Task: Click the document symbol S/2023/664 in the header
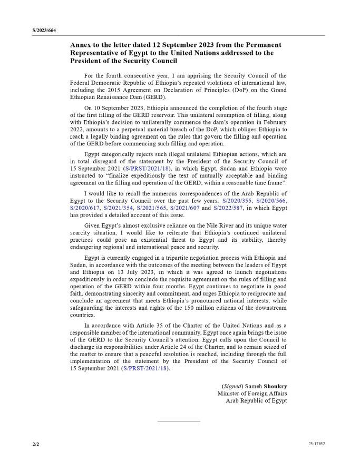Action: (x=44, y=31)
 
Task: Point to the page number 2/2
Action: (x=36, y=444)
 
